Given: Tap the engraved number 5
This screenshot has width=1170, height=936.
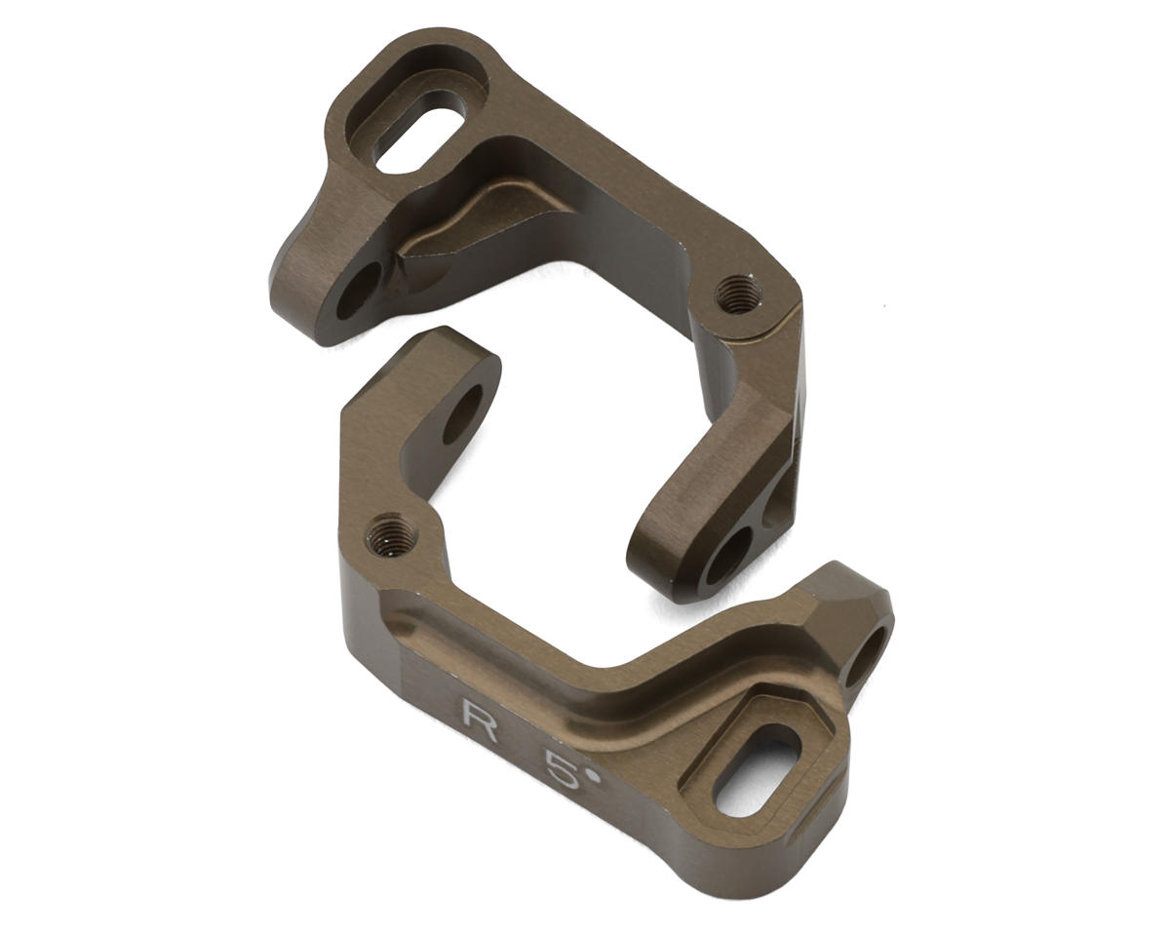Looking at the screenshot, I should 564,770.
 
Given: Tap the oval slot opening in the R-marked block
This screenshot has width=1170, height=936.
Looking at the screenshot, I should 758,770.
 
